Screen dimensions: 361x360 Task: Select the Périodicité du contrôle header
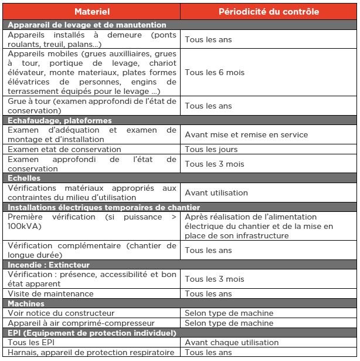tap(269, 12)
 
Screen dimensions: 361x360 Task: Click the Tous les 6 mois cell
tap(215, 73)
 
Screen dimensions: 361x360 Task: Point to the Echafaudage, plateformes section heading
tap(59, 120)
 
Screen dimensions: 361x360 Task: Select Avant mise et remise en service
tap(246, 135)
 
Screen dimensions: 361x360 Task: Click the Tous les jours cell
tap(211, 150)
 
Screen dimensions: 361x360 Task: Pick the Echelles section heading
tap(23, 178)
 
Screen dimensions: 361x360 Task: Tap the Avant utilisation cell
tap(216, 193)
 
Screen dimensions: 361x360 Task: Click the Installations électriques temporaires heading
tap(104, 207)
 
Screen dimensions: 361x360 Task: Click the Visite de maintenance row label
tap(51, 293)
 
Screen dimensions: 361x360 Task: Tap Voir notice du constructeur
tap(62, 313)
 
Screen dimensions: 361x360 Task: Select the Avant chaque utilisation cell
tap(232, 343)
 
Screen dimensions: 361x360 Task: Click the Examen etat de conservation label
tap(64, 150)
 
